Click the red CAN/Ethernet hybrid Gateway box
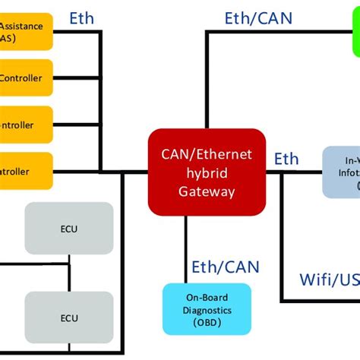pos(207,172)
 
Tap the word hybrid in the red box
pos(207,174)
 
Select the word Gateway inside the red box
pos(207,192)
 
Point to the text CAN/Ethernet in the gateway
pos(207,155)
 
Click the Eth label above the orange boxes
pos(81,18)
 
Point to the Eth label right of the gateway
pos(286,159)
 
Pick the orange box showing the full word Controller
pos(25,77)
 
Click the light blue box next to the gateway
pos(341,172)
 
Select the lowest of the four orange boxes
pos(25,172)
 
